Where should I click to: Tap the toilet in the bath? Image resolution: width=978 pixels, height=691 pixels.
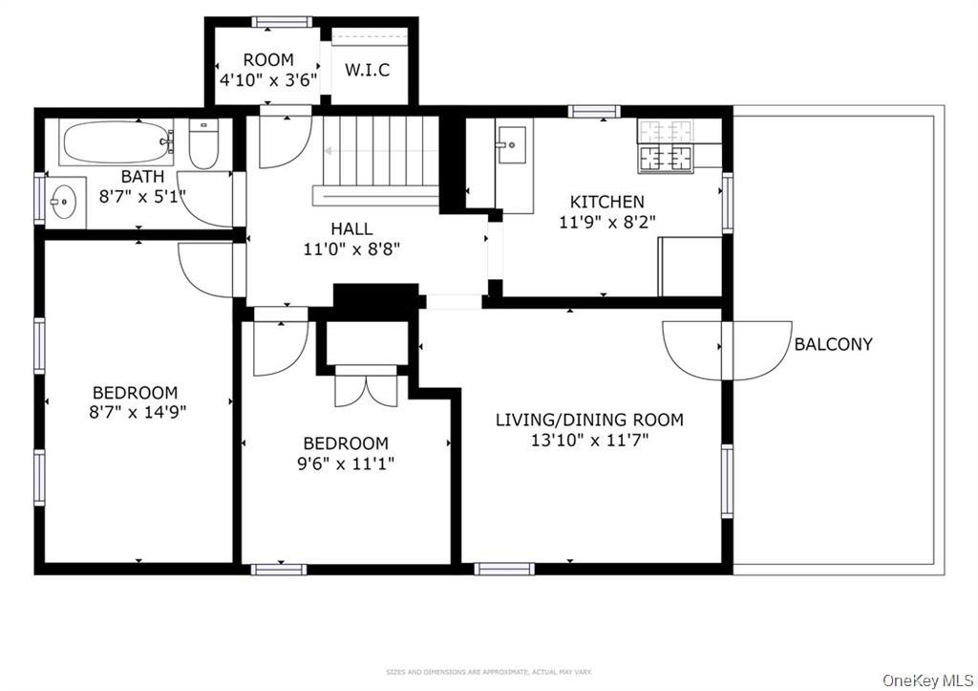click(x=203, y=144)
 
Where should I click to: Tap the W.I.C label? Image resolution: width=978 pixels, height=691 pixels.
click(x=368, y=71)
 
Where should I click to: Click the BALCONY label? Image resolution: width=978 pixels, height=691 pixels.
click(x=833, y=344)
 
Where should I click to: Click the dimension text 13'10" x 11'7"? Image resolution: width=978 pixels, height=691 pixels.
click(x=589, y=441)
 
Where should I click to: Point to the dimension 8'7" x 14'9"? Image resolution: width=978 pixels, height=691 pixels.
click(x=135, y=413)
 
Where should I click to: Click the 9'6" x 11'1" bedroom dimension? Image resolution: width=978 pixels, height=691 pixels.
click(x=346, y=464)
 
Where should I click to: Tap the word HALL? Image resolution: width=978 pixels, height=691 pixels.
click(x=351, y=229)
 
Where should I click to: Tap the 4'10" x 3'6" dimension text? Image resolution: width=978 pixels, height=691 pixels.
click(x=268, y=80)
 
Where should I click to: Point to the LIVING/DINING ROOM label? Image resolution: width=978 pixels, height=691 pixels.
click(x=589, y=420)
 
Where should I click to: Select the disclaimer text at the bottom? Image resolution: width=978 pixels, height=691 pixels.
click(x=488, y=672)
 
